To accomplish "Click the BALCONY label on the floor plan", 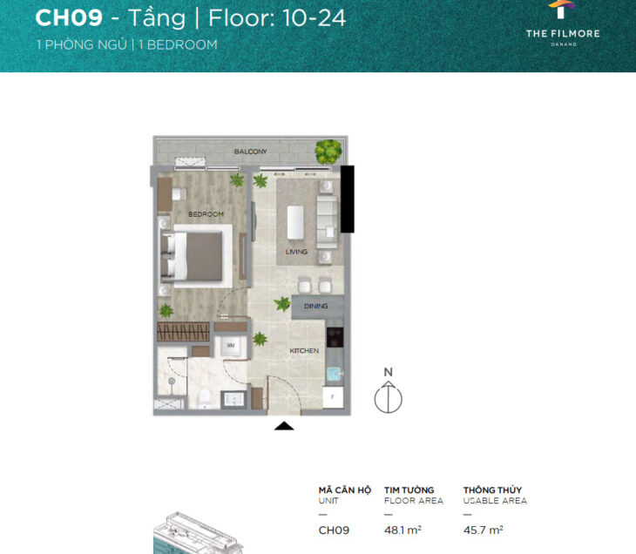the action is tap(250, 152).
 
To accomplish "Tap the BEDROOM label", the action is tap(206, 214).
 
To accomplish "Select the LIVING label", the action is tap(296, 252).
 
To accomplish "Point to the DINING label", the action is tap(316, 307).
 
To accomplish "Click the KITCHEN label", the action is tap(304, 351).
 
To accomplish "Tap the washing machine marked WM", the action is tap(231, 346).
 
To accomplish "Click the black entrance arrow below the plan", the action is tap(284, 426).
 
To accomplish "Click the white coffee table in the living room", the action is tap(295, 223).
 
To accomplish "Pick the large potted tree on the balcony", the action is tap(328, 152).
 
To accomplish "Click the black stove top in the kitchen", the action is tap(335, 337).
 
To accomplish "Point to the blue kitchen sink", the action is tap(335, 373).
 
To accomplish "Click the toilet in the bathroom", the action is tap(204, 398).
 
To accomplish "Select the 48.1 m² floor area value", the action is tap(403, 530).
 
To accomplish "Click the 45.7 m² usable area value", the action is tap(483, 530).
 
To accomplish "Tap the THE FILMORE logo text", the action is tap(563, 34).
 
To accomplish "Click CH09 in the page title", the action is tap(69, 17).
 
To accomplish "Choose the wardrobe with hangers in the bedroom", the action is tap(183, 332).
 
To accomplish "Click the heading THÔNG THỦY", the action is tap(493, 490).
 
